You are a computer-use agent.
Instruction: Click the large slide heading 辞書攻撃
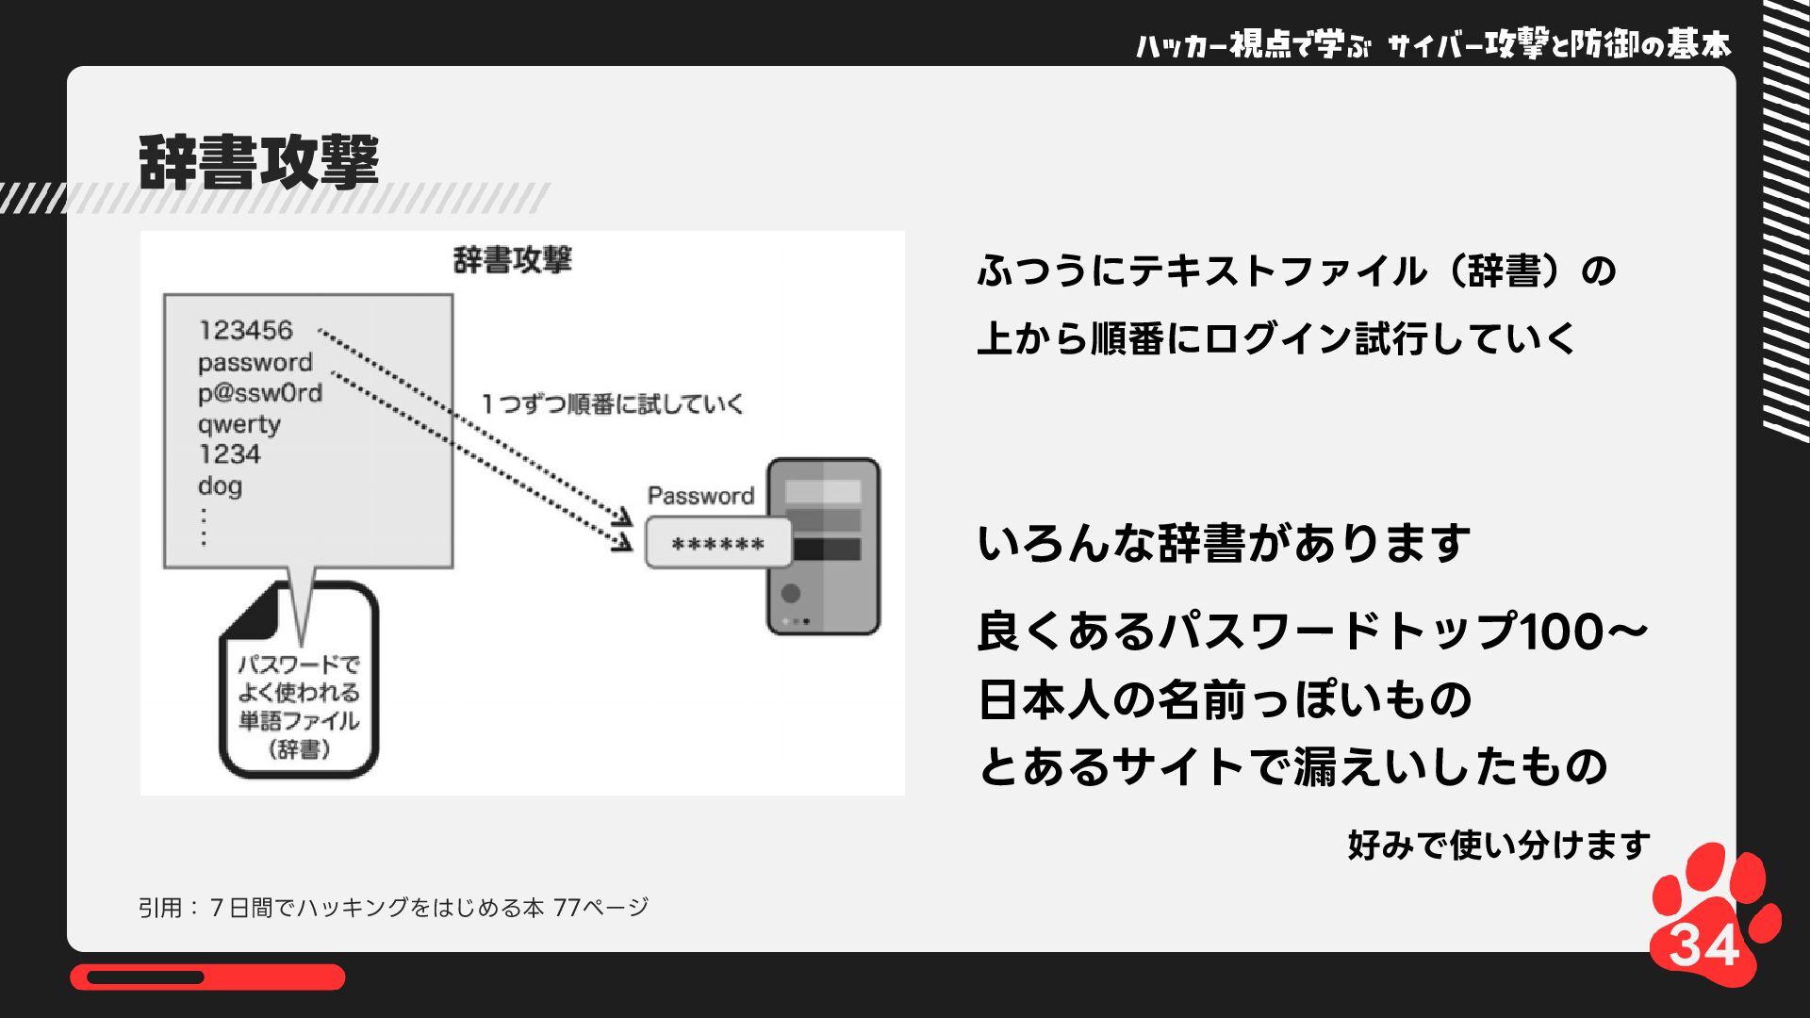[258, 162]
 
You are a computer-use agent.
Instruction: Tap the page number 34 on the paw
[1704, 945]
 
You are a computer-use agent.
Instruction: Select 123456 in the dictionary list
[245, 330]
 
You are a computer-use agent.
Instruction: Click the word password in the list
[255, 362]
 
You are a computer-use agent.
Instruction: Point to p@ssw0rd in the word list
[259, 393]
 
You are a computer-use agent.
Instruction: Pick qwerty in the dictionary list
[239, 424]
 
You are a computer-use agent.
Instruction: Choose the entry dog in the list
[220, 486]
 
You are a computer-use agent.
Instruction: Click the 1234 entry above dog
[229, 454]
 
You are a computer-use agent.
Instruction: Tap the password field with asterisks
[718, 544]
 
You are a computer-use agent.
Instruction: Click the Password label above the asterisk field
[700, 496]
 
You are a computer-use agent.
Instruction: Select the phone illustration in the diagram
[823, 546]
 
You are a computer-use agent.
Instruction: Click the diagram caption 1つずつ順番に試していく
[613, 404]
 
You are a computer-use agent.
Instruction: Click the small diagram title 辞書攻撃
[512, 260]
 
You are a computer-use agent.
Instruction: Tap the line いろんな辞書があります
[1223, 544]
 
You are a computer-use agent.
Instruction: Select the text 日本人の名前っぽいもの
[1224, 699]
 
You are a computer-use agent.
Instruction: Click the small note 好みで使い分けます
[1498, 845]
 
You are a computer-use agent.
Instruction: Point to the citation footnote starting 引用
[393, 908]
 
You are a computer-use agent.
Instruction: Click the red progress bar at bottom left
[207, 977]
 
